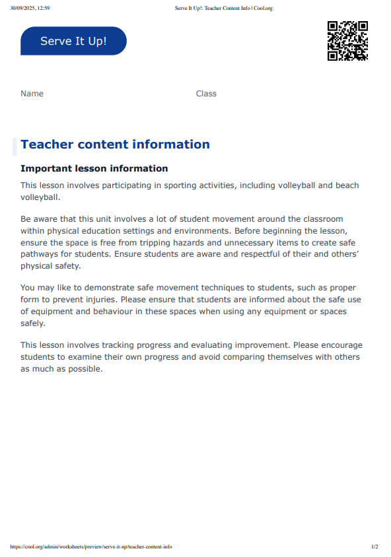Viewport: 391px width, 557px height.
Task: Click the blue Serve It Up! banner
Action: click(x=73, y=41)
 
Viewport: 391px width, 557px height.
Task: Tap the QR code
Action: click(x=347, y=41)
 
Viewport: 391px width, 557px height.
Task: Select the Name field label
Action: click(x=32, y=94)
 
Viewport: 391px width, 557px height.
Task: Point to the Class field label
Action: click(x=206, y=94)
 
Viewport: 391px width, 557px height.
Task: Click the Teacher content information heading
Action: click(x=115, y=145)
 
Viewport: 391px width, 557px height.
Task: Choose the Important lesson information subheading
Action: click(x=94, y=169)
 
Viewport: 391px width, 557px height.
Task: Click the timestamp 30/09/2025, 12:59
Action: click(x=30, y=8)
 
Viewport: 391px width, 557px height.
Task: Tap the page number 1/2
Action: click(x=374, y=546)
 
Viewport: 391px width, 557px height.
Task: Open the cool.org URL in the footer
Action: click(x=91, y=546)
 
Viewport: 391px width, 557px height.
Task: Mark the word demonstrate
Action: click(x=90, y=288)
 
